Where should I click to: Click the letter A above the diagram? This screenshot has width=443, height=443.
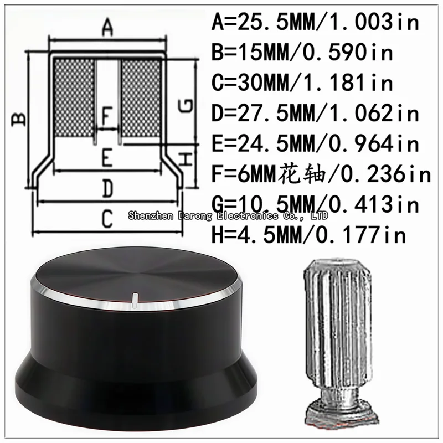108,27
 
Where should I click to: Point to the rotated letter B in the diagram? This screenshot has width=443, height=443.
19,119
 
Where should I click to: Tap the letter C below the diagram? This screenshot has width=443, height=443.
107,220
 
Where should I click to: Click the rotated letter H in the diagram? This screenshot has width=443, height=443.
187,159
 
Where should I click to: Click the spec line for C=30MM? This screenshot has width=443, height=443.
302,83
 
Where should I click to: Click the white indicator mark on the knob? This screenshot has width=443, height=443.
135,300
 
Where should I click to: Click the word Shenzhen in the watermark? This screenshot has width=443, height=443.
148,214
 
